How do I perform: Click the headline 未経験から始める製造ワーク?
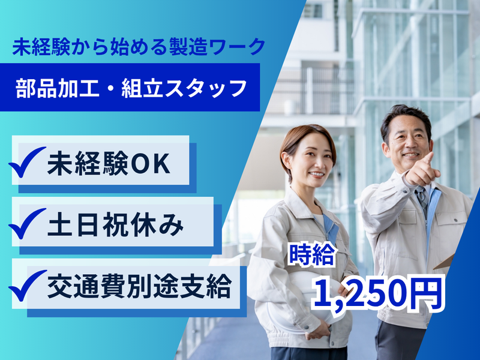139,47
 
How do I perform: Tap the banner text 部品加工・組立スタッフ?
131,88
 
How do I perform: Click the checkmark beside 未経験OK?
27,161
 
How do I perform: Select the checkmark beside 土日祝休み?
27,223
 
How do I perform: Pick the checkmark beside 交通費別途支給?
28,286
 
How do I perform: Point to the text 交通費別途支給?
139,287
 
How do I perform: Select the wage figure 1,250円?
378,294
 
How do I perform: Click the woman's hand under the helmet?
319,331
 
